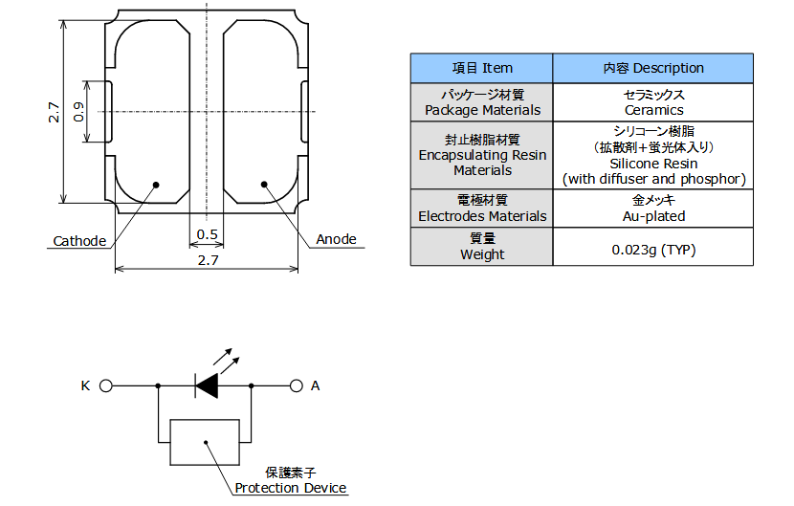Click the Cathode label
(x=79, y=241)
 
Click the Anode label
(x=336, y=239)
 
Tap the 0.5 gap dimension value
(x=207, y=234)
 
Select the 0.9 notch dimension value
(x=78, y=111)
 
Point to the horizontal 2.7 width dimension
(x=208, y=260)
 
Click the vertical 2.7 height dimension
(x=54, y=112)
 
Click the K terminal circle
(x=106, y=386)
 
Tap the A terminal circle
(x=297, y=386)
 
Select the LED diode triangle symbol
(x=207, y=386)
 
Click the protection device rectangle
(x=205, y=442)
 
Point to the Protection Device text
(x=291, y=488)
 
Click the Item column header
(x=481, y=68)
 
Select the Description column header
(x=652, y=68)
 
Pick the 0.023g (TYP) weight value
(x=653, y=250)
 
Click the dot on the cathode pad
(x=156, y=185)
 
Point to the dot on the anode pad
(x=264, y=185)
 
